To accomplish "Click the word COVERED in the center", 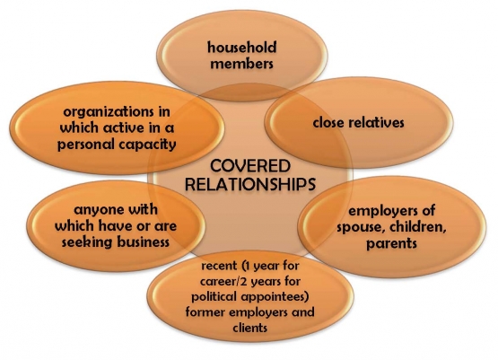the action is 250,166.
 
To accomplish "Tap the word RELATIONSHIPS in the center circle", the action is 250,184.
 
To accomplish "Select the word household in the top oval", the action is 242,48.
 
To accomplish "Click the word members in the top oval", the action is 241,64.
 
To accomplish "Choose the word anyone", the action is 98,210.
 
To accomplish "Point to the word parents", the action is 391,243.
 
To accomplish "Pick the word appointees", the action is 275,297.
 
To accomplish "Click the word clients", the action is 250,328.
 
